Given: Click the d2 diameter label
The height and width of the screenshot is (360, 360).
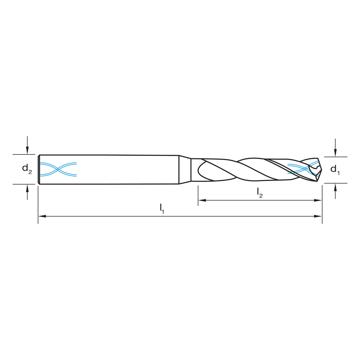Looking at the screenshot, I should [x=27, y=168].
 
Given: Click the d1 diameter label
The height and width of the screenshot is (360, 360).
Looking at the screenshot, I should [x=335, y=169].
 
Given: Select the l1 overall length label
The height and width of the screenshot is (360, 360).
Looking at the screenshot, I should [x=162, y=208].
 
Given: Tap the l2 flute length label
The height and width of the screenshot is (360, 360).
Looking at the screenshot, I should [x=260, y=193].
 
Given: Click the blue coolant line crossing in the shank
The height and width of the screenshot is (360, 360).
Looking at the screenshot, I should [x=58, y=169].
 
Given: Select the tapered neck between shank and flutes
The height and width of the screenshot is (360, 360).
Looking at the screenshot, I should [x=185, y=169].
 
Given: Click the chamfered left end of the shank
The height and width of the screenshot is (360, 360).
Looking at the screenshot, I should [x=39, y=169].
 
